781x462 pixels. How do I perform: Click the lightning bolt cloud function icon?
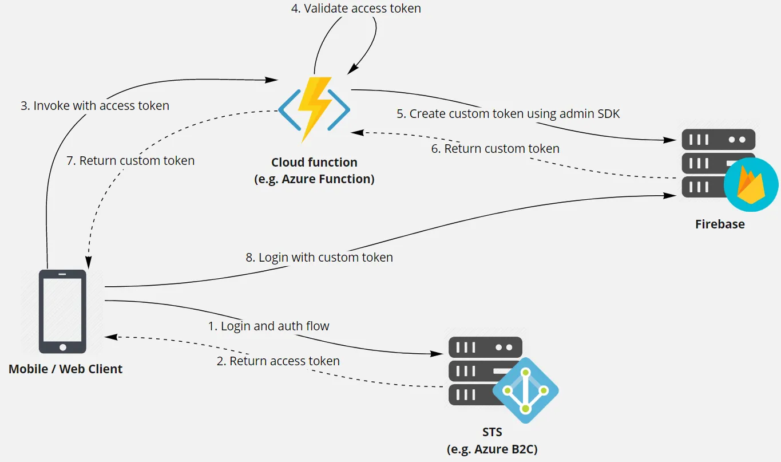pos(314,108)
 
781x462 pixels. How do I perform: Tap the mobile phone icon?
pos(62,311)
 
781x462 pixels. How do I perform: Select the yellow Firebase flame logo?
pos(751,185)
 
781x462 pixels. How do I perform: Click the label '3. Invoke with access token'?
pos(95,106)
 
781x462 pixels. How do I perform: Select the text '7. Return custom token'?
pos(130,161)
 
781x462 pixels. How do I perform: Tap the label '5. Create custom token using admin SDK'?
pos(508,114)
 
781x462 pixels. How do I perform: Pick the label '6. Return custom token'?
pos(495,149)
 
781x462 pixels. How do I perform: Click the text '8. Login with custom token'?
pos(319,258)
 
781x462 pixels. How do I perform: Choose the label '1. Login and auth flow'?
pos(268,326)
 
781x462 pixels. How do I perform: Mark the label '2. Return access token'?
pos(278,361)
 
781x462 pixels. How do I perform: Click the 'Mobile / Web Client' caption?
pos(65,369)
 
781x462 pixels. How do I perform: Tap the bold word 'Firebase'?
pos(720,224)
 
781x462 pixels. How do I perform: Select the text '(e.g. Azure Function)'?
pos(314,179)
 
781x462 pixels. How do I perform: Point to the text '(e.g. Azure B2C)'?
pos(491,449)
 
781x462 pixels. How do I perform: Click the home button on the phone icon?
pos(62,347)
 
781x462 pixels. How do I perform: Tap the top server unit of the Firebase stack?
pos(718,140)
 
